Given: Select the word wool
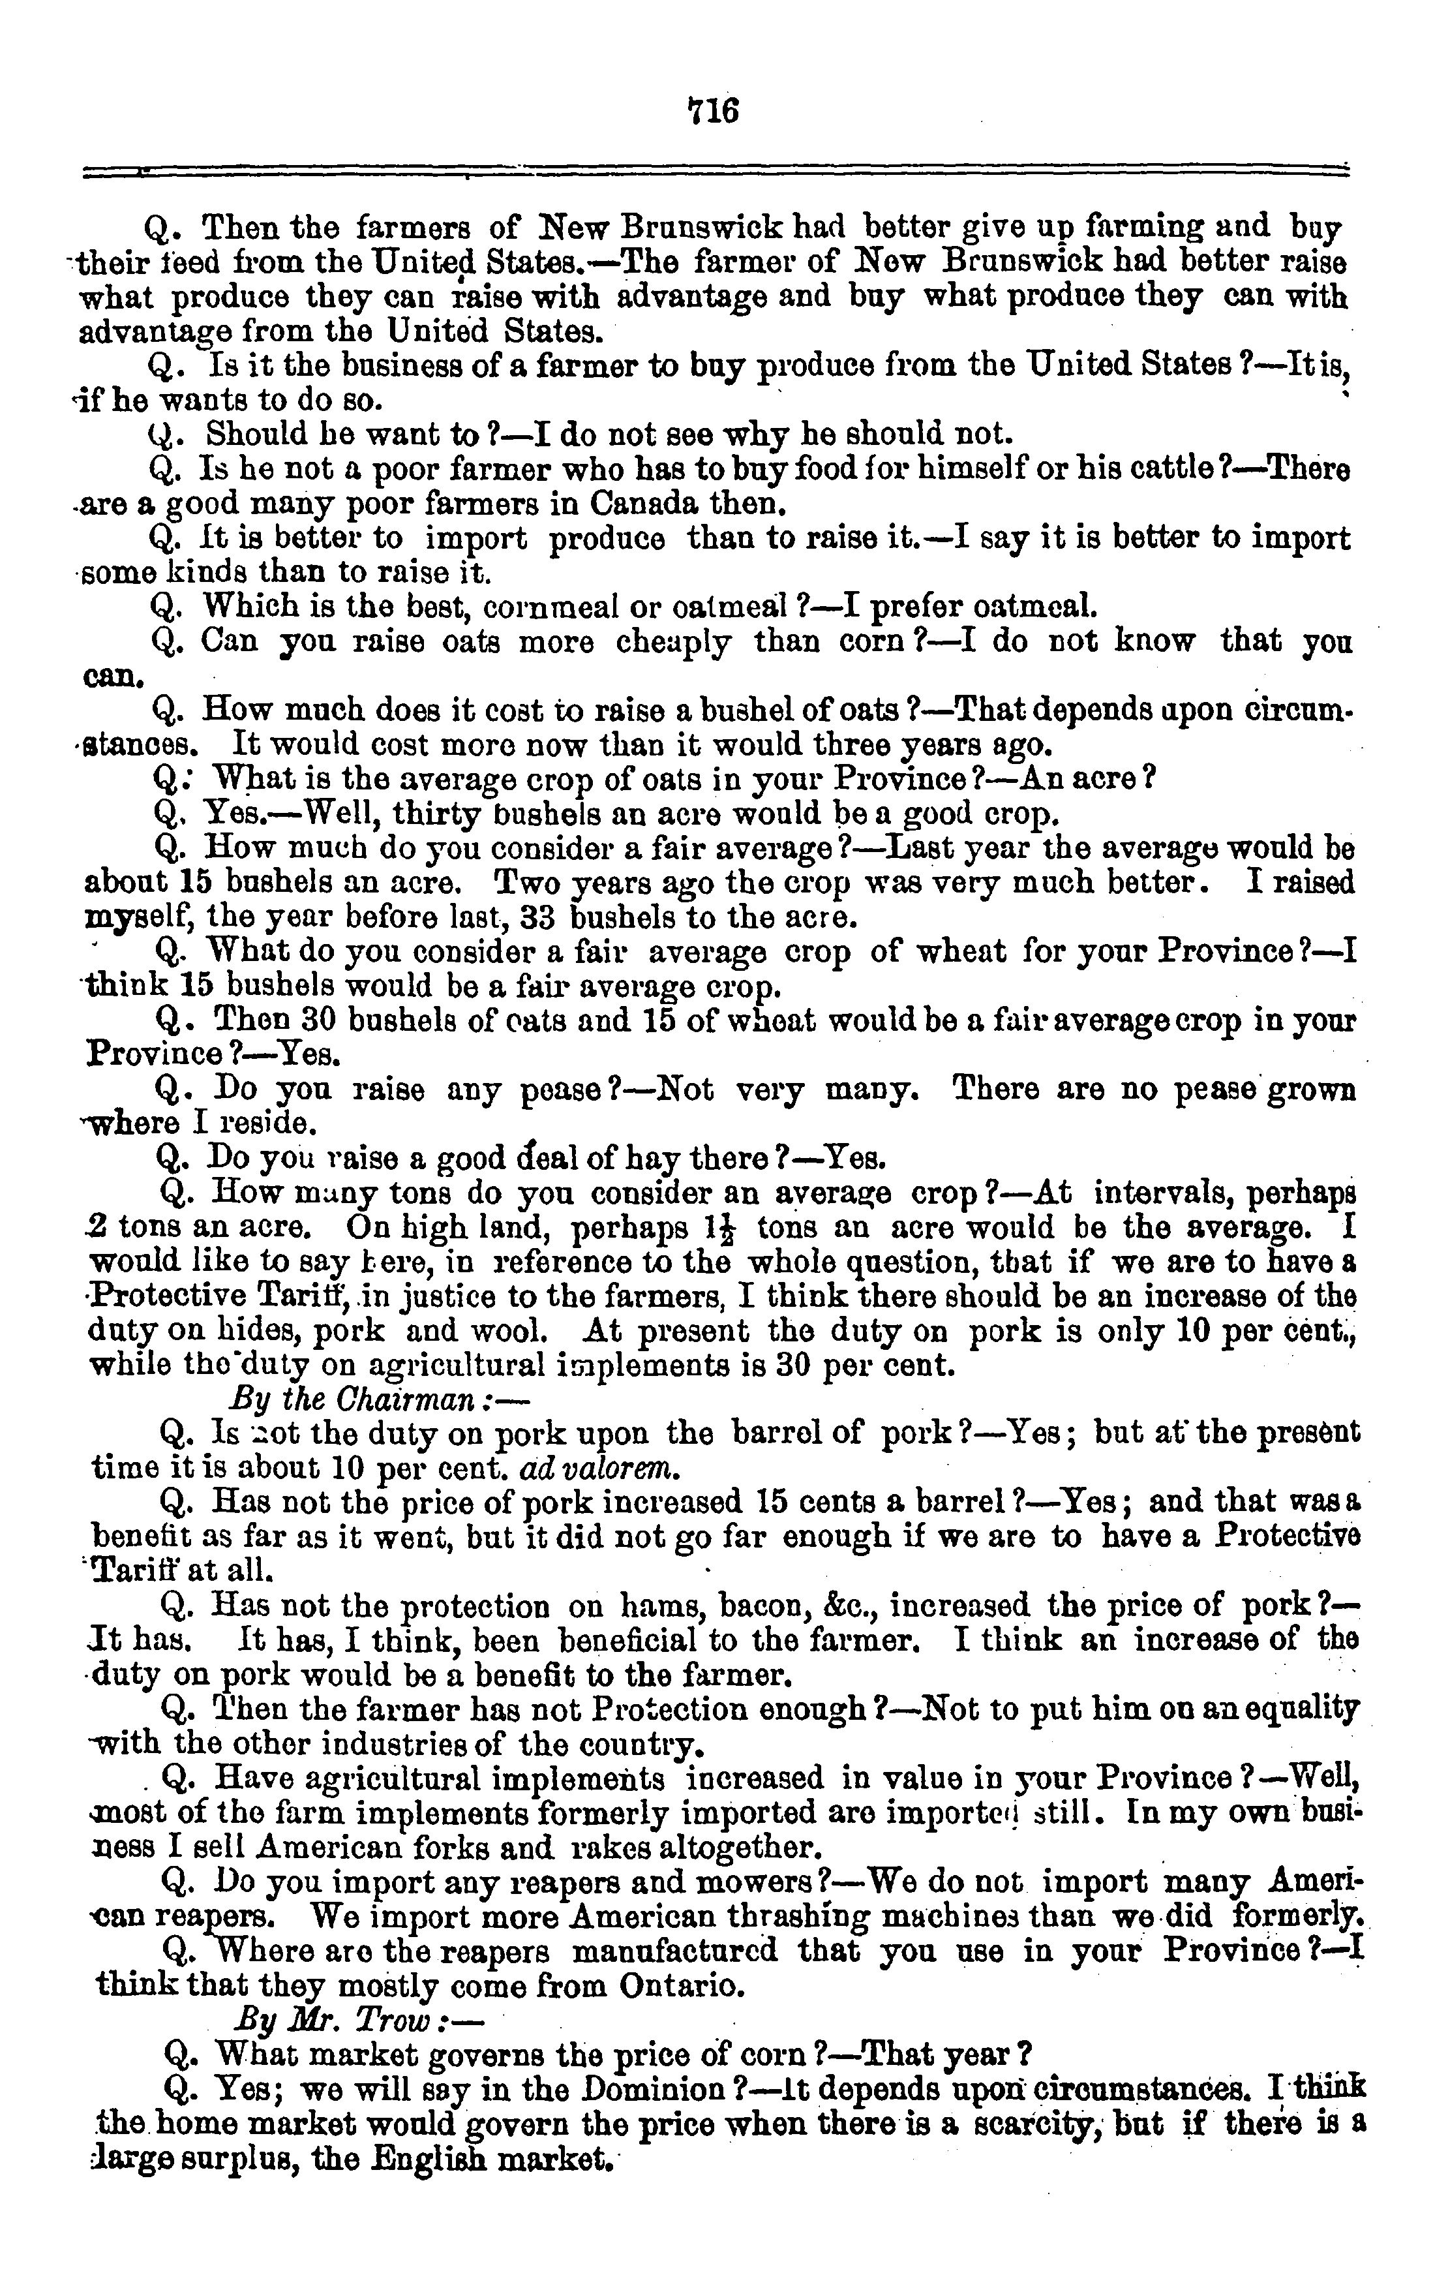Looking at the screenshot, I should click(514, 1330).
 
